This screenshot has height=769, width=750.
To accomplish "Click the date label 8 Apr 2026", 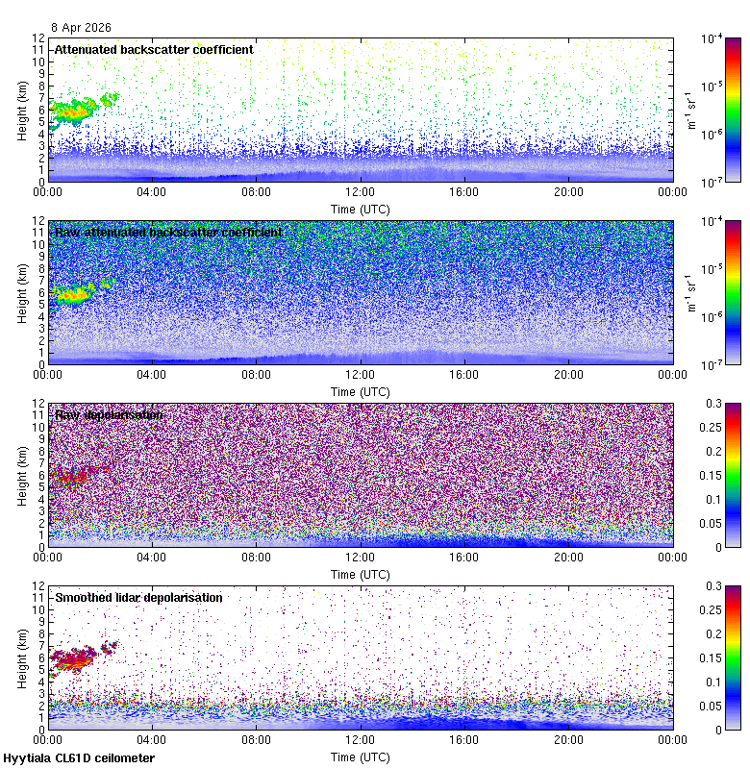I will (82, 27).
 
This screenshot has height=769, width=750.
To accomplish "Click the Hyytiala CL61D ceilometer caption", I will (79, 758).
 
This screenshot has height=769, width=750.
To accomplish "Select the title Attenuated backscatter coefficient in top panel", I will (154, 49).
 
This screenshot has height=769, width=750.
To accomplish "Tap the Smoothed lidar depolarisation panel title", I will (138, 598).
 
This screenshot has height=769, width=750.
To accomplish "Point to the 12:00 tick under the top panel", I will (360, 191).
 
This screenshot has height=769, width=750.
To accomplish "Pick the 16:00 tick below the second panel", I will (464, 374).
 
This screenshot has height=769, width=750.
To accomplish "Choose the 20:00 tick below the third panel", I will (568, 557).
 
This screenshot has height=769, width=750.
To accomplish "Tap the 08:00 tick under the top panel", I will (256, 191).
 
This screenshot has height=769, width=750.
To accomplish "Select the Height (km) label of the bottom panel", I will (22, 657).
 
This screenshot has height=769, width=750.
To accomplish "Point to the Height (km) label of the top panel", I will (22, 110).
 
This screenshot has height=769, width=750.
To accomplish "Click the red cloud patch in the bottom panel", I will (73, 658).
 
